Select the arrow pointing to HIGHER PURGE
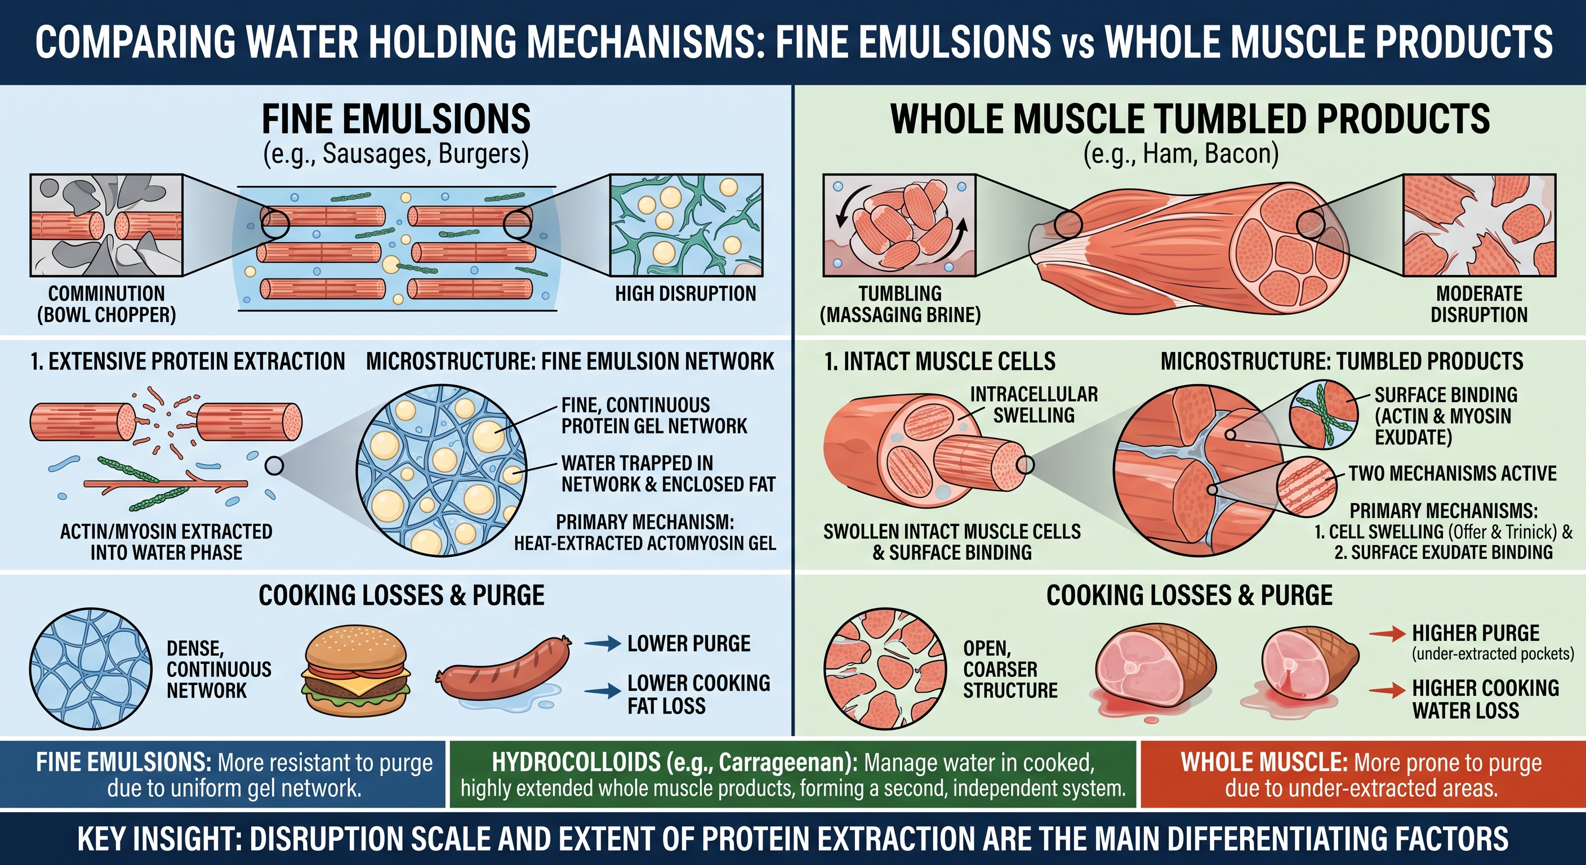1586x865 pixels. tap(1387, 634)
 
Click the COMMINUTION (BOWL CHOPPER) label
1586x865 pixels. tap(106, 304)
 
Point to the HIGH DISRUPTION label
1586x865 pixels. tap(685, 293)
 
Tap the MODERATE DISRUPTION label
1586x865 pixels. tap(1479, 304)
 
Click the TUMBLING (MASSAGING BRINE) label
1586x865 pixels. tap(900, 304)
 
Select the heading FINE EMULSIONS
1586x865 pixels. tap(396, 119)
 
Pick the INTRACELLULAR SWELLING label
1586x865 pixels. tap(1033, 404)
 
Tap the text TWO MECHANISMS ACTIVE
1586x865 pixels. tap(1453, 473)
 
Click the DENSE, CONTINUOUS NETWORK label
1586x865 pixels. tap(219, 669)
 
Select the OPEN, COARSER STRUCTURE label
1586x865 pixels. tap(1010, 669)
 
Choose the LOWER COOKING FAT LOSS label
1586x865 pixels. tap(699, 694)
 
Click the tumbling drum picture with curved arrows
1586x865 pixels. tap(899, 225)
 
